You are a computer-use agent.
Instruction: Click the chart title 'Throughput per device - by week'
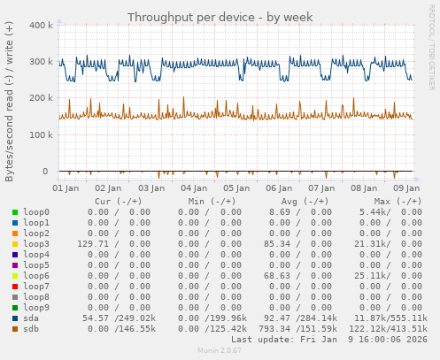tap(220, 18)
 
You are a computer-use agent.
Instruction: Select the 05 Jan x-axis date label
tap(236, 188)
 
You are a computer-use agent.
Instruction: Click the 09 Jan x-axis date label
tap(406, 188)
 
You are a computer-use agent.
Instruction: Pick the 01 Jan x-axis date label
tap(66, 188)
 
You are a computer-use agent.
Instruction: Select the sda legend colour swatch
tap(15, 318)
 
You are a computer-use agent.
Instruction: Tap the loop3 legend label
tap(35, 244)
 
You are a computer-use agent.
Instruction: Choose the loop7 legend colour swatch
tap(15, 287)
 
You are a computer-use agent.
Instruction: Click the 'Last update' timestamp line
tap(329, 340)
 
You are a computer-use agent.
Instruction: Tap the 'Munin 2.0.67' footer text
tap(220, 351)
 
